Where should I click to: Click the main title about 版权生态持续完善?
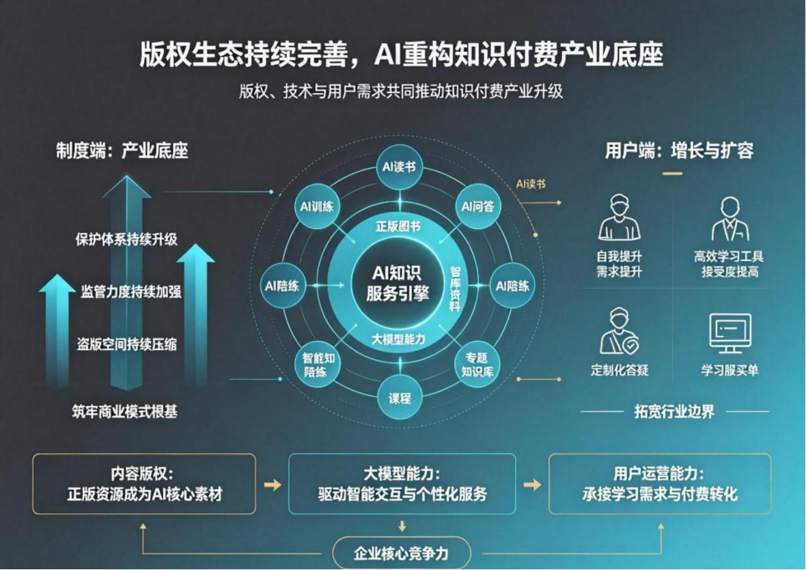tap(401, 55)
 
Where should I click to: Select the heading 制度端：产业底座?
tap(122, 151)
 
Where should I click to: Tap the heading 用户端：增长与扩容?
tap(679, 151)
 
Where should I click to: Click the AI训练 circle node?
tap(317, 207)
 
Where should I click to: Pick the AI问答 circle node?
tap(477, 207)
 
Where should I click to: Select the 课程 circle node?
tap(400, 398)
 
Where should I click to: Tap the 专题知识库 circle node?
tap(477, 365)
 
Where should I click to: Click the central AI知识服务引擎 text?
tap(398, 283)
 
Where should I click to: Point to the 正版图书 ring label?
tap(398, 226)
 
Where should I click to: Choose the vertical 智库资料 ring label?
tap(455, 288)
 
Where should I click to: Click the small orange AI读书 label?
tap(531, 184)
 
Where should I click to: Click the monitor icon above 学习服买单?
tap(730, 333)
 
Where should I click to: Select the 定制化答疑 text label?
tap(620, 370)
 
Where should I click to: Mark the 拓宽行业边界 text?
tap(674, 411)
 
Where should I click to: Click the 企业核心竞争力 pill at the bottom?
tap(402, 553)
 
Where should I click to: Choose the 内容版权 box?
tap(144, 484)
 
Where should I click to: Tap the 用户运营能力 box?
tap(660, 484)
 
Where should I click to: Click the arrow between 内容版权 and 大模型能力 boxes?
tap(273, 485)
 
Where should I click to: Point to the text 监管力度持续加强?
tap(130, 292)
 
